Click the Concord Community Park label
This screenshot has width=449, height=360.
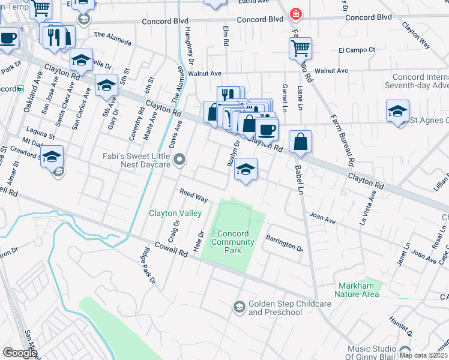click(233, 242)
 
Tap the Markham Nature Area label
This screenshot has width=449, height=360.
click(358, 290)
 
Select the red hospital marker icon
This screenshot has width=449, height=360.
click(295, 13)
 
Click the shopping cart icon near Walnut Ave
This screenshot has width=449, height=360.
click(300, 48)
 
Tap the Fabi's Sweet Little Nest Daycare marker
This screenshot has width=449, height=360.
click(179, 160)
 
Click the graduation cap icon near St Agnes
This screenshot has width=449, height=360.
click(397, 112)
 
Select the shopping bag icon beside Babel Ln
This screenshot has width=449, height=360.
click(300, 142)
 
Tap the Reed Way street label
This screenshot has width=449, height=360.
click(193, 195)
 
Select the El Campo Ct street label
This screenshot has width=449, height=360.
click(357, 50)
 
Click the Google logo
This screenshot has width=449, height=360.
click(20, 352)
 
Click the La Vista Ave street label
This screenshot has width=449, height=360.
click(368, 207)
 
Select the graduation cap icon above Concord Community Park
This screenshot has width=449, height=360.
click(246, 169)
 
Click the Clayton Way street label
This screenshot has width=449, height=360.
click(417, 35)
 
